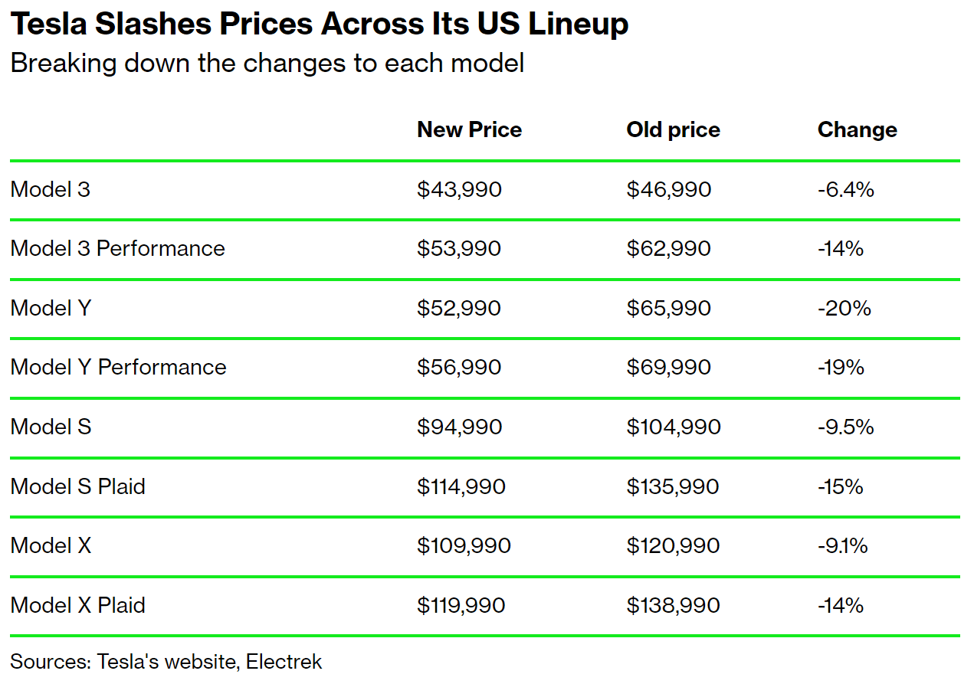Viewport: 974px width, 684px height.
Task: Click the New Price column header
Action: click(x=469, y=130)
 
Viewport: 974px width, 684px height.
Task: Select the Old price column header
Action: click(x=673, y=130)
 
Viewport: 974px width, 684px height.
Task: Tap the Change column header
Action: click(x=857, y=130)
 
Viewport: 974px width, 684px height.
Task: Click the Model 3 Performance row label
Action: click(x=118, y=249)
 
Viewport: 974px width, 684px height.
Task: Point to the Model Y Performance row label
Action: click(x=119, y=368)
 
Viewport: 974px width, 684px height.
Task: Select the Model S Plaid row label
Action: click(x=78, y=486)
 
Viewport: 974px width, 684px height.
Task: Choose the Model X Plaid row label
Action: click(x=78, y=605)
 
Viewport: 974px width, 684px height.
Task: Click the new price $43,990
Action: click(x=459, y=189)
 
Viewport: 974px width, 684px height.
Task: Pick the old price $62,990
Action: click(x=668, y=249)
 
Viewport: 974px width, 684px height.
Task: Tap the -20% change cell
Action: click(x=844, y=308)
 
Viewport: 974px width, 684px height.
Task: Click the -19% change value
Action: click(x=841, y=368)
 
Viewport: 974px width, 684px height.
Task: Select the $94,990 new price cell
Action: click(x=459, y=427)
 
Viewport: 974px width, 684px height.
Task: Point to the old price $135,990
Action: click(x=673, y=486)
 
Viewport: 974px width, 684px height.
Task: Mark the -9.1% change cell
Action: click(x=842, y=545)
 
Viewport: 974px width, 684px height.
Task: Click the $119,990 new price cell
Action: click(x=461, y=605)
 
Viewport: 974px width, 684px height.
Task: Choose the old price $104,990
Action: click(x=674, y=427)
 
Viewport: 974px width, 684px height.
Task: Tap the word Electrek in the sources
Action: click(x=284, y=662)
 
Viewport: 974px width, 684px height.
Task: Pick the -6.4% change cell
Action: click(x=845, y=189)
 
